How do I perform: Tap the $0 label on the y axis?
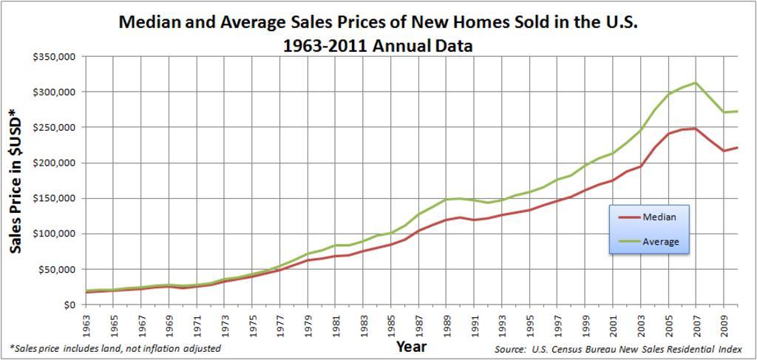click(71, 305)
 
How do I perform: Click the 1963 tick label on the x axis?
click(86, 324)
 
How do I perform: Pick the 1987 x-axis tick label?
click(419, 324)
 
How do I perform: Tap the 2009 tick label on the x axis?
click(724, 324)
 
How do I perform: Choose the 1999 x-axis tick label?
click(585, 324)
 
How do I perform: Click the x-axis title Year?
click(411, 346)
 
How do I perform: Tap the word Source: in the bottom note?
click(510, 348)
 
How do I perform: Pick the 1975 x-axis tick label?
click(253, 324)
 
